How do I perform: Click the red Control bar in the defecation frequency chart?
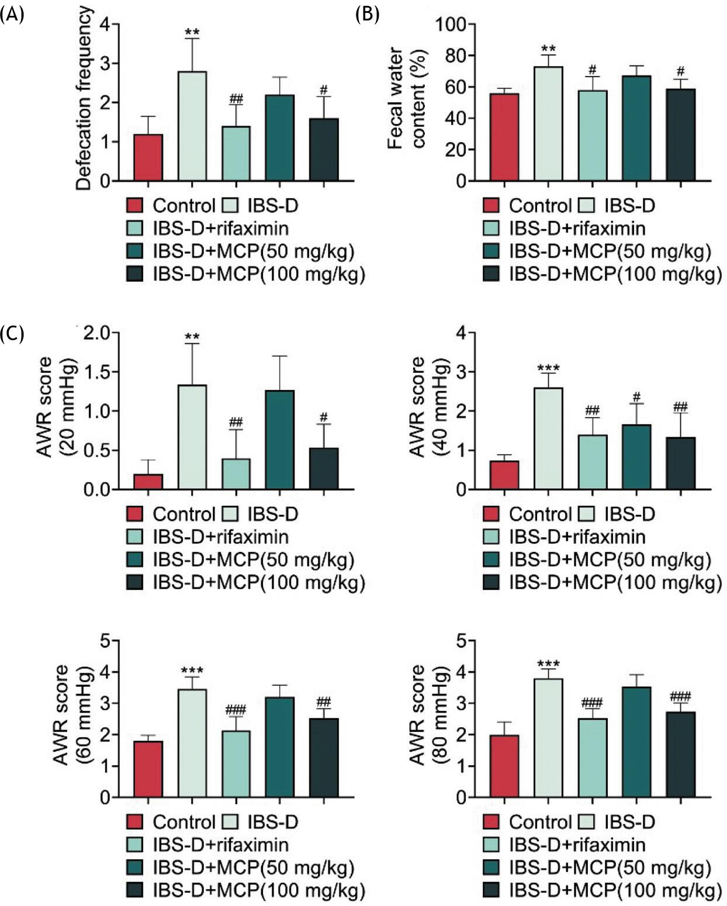148,158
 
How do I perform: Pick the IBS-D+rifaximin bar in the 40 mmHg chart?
592,462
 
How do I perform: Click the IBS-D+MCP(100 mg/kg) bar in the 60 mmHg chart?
324,758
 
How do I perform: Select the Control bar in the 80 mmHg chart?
504,766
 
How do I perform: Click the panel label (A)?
12,14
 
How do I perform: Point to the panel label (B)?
368,14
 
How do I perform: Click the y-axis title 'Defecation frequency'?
84,98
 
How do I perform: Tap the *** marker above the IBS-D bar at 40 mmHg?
548,368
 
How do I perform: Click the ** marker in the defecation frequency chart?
192,30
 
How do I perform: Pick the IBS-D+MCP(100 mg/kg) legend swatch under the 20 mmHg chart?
135,582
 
